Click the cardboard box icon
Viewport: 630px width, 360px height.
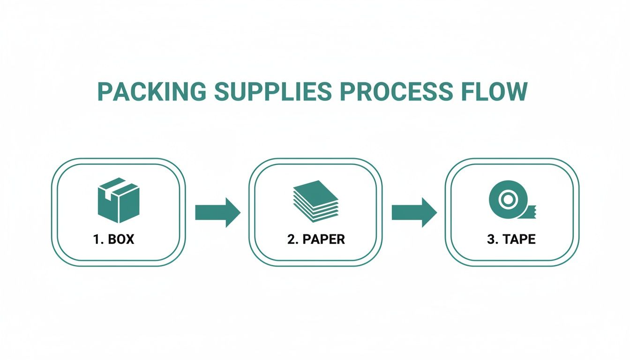tap(118, 201)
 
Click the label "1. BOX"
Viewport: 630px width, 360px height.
tap(113, 239)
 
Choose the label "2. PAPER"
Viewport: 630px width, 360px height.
tap(316, 239)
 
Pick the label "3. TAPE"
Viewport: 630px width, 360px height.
tap(511, 239)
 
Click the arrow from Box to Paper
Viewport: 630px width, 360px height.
tap(217, 212)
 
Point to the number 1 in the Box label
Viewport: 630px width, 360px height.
tap(96, 239)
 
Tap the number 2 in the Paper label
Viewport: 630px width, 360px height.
tap(291, 239)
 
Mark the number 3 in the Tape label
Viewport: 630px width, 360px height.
tap(490, 239)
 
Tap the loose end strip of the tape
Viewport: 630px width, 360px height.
tap(531, 212)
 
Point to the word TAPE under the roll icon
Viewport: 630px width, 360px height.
tap(519, 239)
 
